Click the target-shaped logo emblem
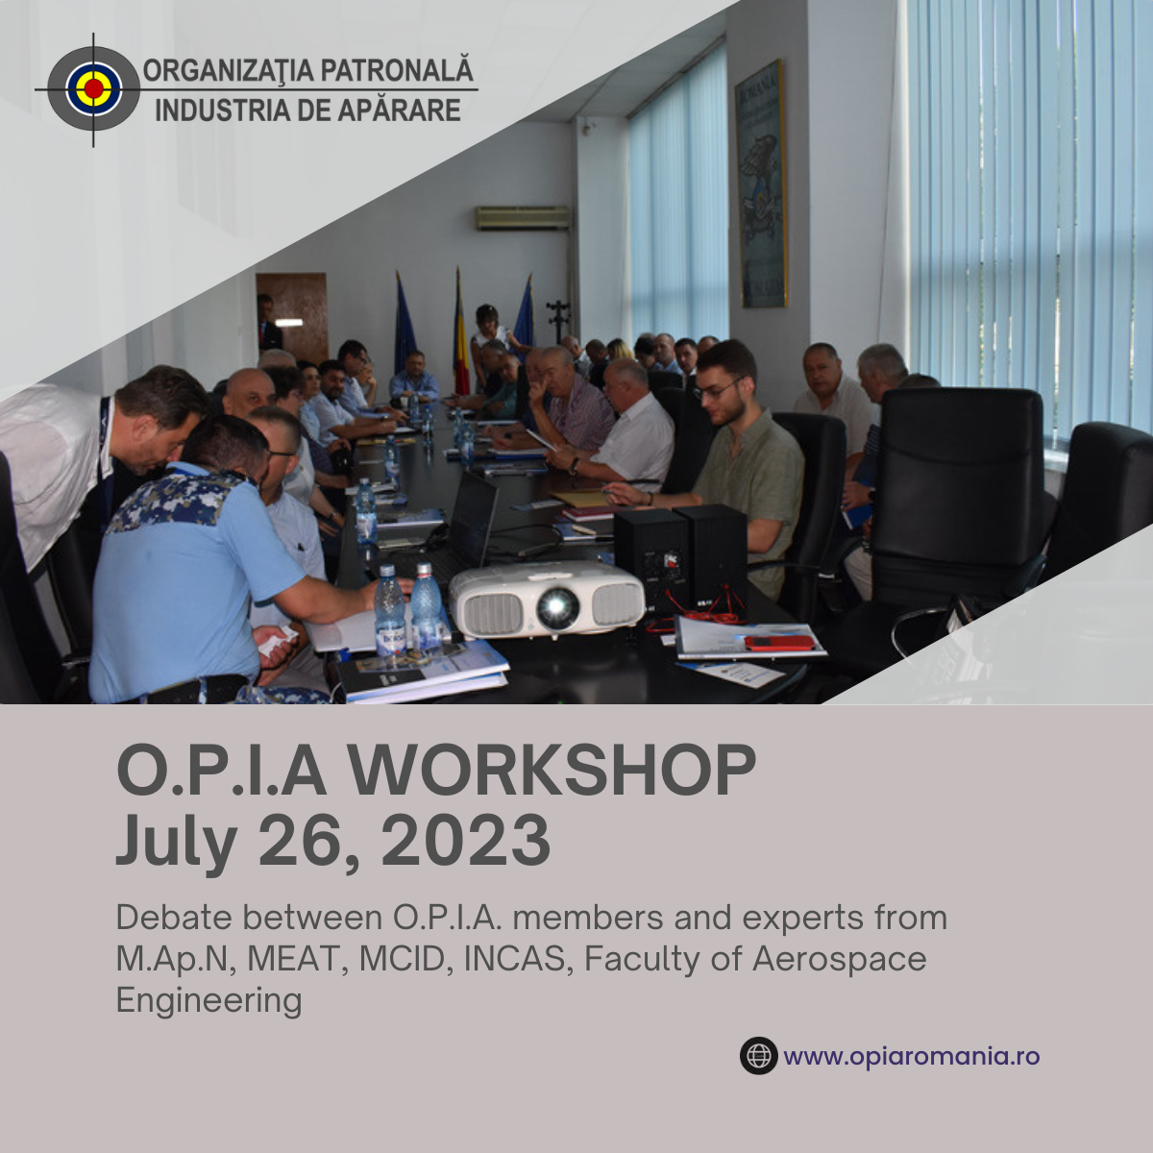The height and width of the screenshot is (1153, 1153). coord(93,89)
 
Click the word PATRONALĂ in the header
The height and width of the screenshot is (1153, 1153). coord(397,69)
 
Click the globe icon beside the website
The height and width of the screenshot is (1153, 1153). coord(759,1056)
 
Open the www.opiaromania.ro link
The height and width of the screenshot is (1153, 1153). coord(911,1056)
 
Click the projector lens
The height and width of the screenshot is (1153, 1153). coord(557,607)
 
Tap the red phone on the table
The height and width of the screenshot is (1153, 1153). coord(779,643)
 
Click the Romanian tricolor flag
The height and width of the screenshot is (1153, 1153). coord(460,335)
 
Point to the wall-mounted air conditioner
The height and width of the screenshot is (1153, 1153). coord(523,218)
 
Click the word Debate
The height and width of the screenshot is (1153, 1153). coord(174,918)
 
